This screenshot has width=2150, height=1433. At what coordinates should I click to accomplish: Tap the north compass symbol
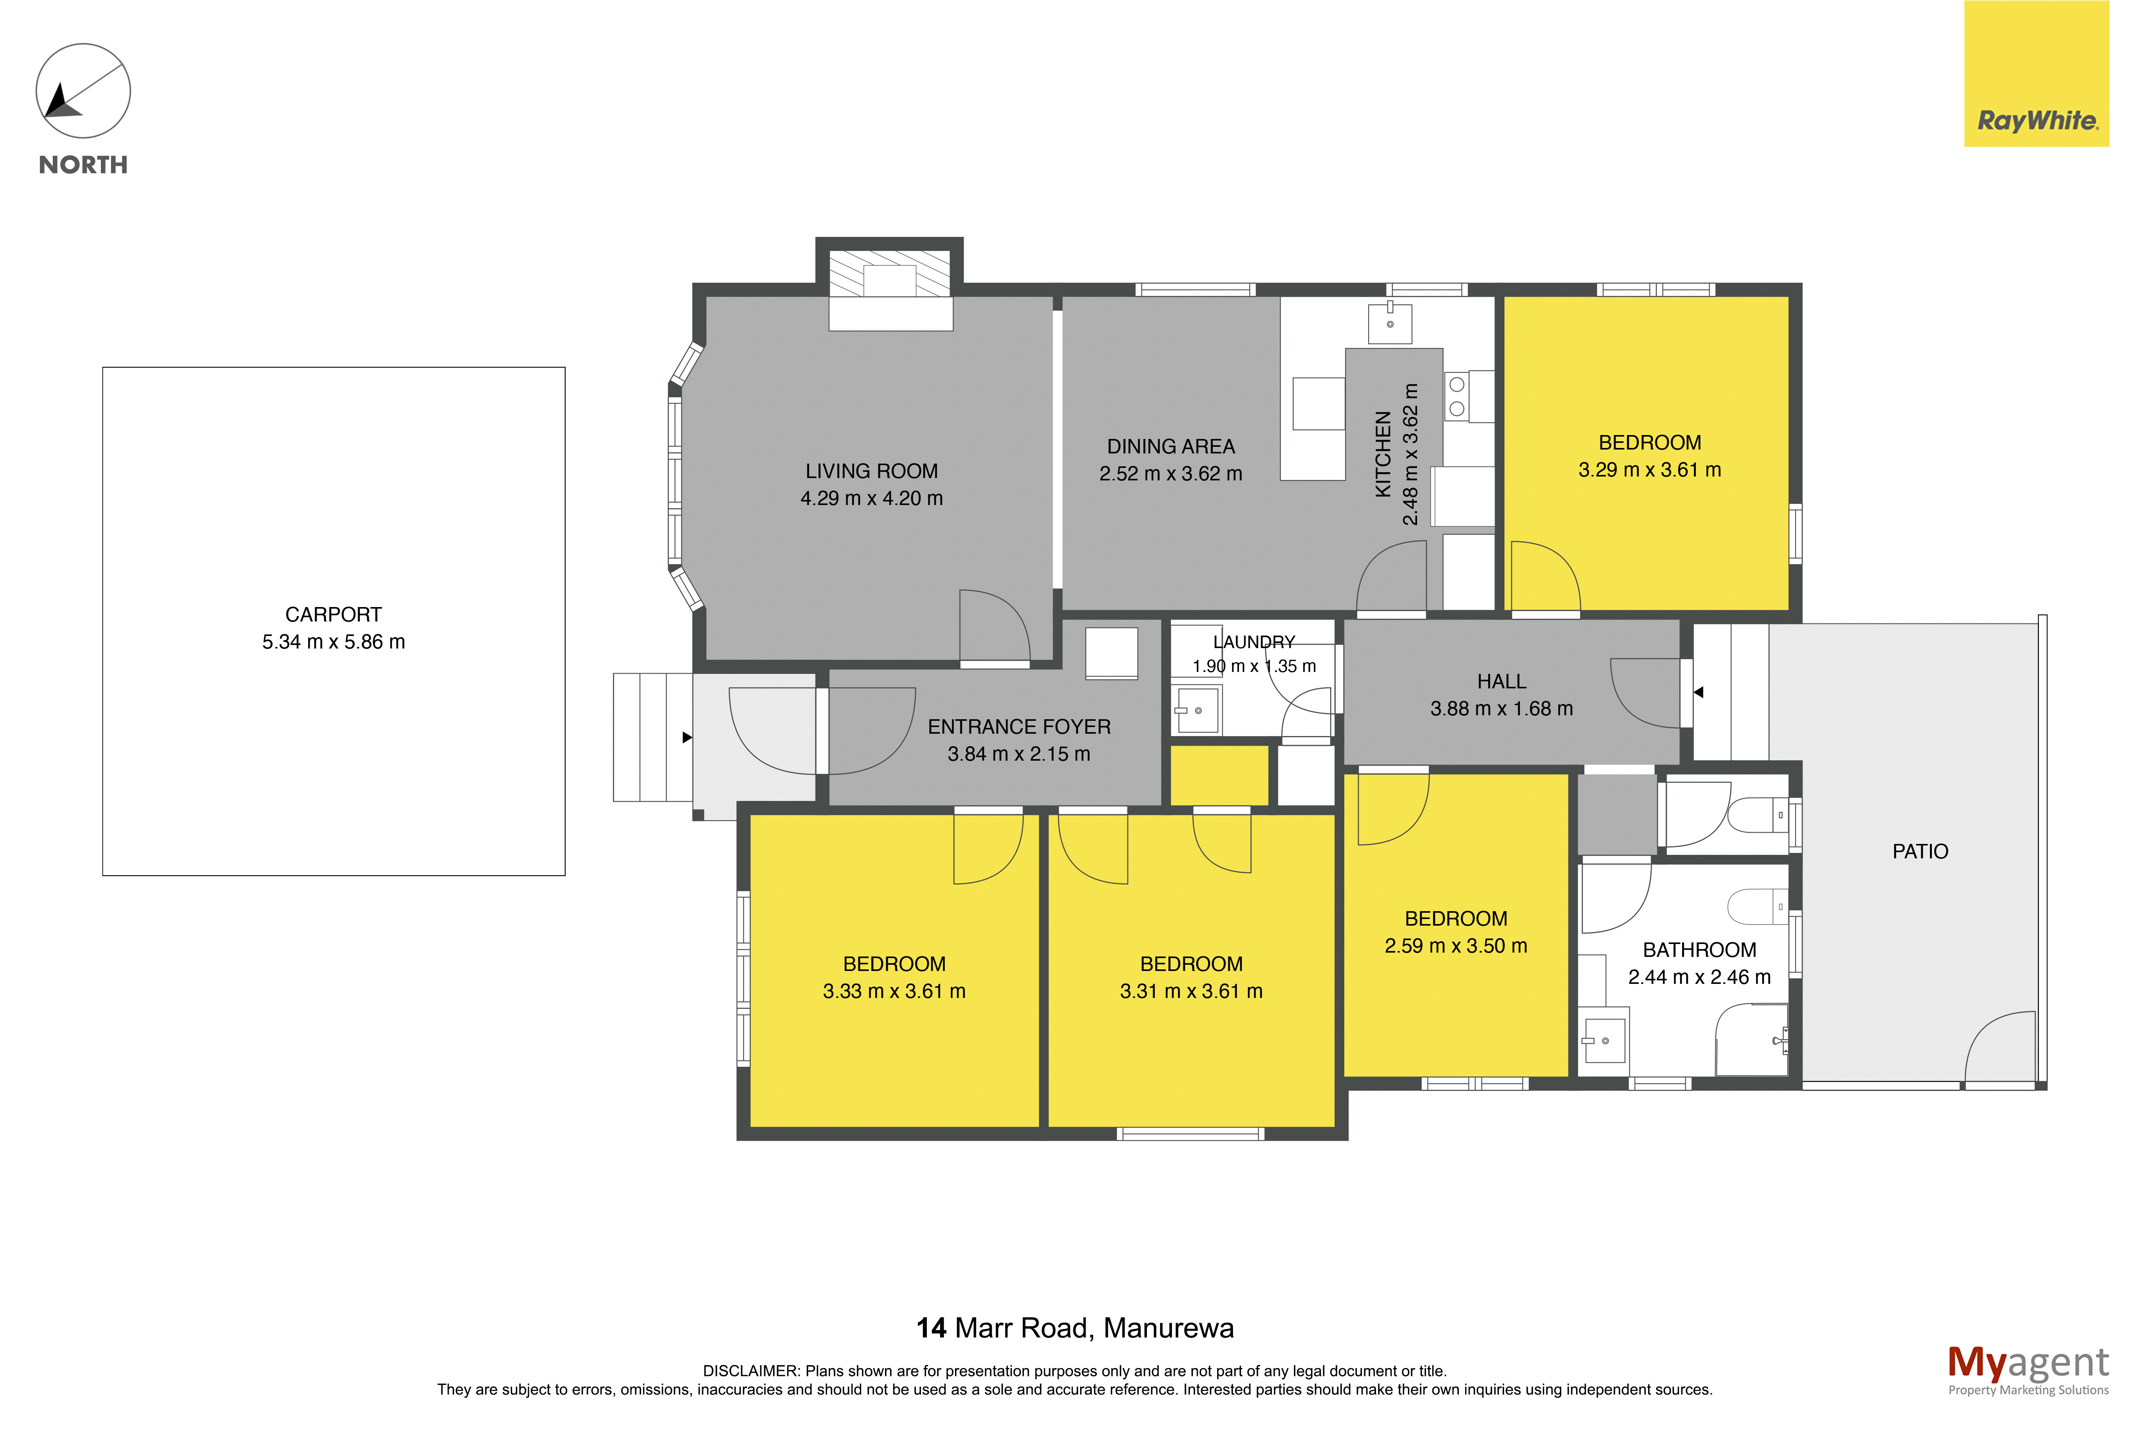[x=83, y=91]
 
